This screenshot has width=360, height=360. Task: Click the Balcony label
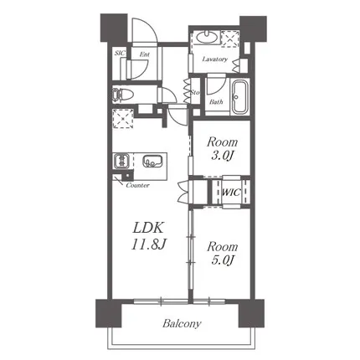coord(182,324)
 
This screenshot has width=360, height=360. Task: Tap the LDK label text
coord(148,228)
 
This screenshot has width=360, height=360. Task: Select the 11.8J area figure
coord(149,244)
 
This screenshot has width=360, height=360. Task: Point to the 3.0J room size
coord(222,156)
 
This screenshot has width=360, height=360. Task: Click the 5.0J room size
coord(222,260)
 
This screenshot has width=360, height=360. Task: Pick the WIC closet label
coord(231,193)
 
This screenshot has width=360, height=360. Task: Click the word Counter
coord(138,185)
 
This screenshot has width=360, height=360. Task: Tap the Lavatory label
coord(215,59)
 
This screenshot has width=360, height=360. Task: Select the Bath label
coord(216,102)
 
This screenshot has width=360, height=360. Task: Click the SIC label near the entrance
coord(120,53)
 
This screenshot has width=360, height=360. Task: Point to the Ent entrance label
coord(145,54)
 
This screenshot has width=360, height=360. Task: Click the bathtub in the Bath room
coord(240,97)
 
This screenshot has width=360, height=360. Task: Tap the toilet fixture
coord(121,95)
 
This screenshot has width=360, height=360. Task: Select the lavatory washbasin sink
coord(206,37)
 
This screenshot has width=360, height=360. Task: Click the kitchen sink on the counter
coord(152,161)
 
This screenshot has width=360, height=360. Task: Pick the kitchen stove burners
coord(121,161)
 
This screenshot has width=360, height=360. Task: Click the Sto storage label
coord(195,92)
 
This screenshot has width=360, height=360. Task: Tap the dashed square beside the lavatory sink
coord(230,39)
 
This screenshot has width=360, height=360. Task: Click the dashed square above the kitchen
coord(123,118)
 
